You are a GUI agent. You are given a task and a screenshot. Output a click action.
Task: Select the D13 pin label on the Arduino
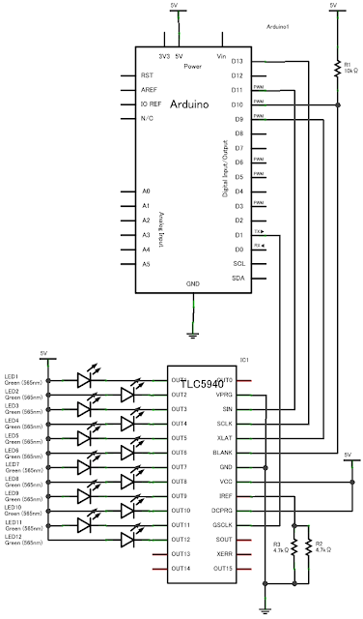coord(236,61)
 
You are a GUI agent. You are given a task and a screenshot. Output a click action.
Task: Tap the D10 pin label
coord(236,103)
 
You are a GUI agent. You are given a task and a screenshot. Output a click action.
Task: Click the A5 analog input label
coord(145,264)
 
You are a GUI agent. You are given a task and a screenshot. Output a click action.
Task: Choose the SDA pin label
coord(237,279)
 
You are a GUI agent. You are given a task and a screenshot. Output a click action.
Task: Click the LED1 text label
coord(12,375)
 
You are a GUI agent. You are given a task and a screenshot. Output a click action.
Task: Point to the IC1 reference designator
coord(245,359)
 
